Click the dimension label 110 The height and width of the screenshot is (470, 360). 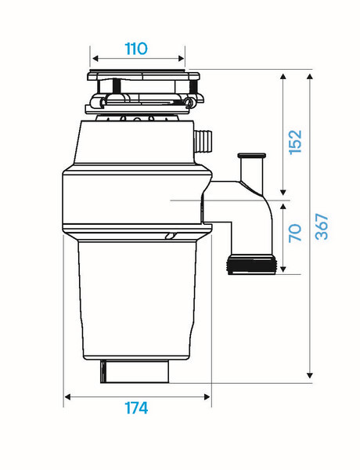coord(136,49)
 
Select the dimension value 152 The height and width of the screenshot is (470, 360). coord(295,142)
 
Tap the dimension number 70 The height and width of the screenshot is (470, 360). coord(295,233)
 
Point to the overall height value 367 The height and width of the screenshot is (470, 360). coord(322,226)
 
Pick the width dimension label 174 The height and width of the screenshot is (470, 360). coord(136,408)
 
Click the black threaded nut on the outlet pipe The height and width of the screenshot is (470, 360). coord(251,264)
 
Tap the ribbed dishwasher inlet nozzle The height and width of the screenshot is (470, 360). coord(203,140)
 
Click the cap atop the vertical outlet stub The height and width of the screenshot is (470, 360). coord(251,156)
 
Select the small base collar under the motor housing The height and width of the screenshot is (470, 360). coord(135,371)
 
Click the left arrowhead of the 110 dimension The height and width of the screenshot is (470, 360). coord(95,58)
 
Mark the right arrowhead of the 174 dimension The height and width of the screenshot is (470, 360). coord(207,397)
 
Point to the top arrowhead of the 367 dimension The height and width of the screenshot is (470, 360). coord(310,77)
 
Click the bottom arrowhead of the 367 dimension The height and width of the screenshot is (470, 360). coord(310,375)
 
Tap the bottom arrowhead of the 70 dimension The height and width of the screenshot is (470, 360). coord(283,269)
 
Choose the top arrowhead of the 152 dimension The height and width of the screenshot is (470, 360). coord(283,76)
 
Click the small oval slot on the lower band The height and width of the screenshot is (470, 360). coord(170,236)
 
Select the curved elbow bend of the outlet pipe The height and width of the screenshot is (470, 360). coord(265,204)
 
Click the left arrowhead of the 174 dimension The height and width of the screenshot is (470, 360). coord(68,397)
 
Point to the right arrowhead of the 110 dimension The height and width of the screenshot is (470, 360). coord(181,58)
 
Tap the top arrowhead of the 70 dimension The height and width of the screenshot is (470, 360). coord(283,206)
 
